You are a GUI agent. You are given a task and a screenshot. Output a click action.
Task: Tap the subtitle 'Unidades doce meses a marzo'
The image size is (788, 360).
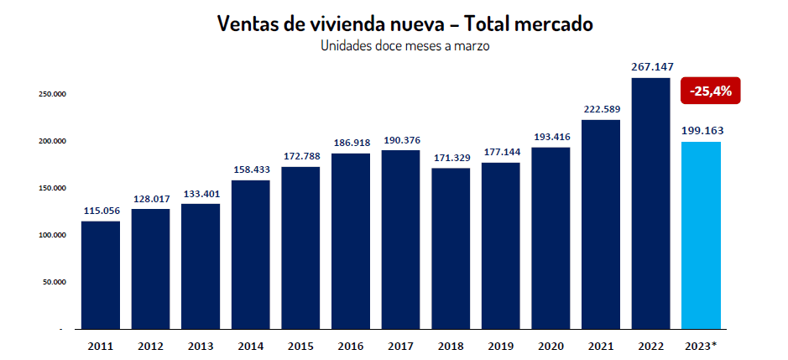[x=405, y=46]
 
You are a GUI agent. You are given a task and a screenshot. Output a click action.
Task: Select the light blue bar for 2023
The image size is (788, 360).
[x=701, y=235]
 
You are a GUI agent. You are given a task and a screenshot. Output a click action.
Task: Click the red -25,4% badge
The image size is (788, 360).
[x=710, y=91]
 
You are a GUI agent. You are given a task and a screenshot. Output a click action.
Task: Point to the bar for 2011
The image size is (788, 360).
[x=101, y=275]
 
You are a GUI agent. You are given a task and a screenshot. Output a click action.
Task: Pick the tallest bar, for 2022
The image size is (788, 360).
[x=651, y=204]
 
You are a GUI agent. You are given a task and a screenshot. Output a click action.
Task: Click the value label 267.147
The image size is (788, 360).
[x=651, y=67]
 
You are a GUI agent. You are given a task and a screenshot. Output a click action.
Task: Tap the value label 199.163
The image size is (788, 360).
[x=702, y=131]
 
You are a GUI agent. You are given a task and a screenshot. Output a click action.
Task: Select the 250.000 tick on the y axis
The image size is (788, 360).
[x=53, y=94]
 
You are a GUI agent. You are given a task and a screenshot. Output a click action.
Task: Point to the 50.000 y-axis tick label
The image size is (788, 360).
[x=55, y=282]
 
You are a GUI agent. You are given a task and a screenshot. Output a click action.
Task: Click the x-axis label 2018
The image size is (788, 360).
[x=451, y=347]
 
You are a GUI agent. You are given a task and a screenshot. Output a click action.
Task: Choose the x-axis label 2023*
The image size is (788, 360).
[x=701, y=347]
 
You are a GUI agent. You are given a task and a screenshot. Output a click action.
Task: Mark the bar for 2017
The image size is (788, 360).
[x=400, y=240]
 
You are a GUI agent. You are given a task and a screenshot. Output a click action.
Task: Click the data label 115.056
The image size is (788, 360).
[x=102, y=211]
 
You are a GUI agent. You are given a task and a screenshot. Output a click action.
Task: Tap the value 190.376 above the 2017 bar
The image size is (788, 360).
[x=401, y=140]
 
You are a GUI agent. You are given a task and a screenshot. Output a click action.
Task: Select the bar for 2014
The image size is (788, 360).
[x=251, y=255]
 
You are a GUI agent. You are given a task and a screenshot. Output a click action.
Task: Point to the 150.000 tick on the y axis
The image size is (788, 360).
[x=53, y=188]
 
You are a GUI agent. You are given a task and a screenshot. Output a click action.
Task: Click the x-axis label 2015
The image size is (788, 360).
[x=300, y=347]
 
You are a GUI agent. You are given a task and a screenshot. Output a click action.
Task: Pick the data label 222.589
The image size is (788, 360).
[x=602, y=109]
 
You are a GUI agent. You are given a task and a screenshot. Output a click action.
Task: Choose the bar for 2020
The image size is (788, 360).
[x=551, y=238]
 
